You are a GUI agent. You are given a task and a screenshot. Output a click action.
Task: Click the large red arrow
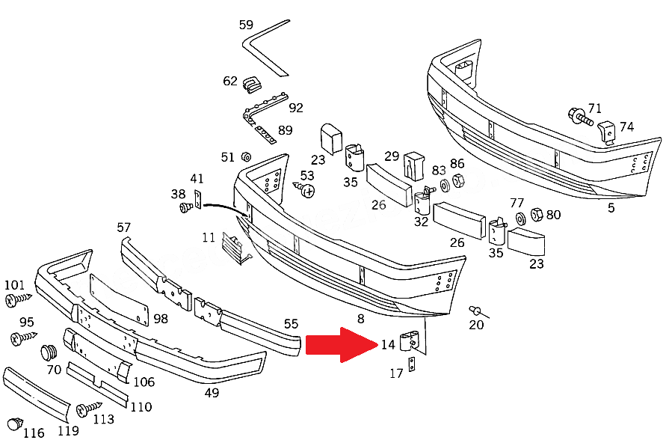pos(342,344)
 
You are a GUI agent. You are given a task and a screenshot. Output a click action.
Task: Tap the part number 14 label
pos(388,344)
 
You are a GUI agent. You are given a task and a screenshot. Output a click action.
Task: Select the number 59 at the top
pos(246,25)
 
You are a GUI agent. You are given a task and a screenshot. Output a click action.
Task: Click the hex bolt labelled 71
pos(580,117)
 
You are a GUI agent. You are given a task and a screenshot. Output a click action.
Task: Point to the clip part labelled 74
pos(607,132)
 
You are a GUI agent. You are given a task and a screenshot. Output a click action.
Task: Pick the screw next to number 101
pos(18,299)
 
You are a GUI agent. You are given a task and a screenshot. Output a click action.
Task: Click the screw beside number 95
pos(23,338)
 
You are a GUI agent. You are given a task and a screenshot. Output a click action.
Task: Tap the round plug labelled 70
pos(49,352)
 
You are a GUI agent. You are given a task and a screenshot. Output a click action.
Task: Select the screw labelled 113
pos(88,409)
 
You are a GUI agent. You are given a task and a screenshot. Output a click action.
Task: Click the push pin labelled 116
pos(15,424)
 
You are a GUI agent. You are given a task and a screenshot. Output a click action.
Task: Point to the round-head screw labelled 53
pos(304,189)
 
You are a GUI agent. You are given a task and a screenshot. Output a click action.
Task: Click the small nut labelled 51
pos(245,157)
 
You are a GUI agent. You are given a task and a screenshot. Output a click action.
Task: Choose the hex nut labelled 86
pos(458,180)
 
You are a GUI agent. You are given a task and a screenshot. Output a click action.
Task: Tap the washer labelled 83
pos(445,186)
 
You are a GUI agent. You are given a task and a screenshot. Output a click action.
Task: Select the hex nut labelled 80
pos(537,214)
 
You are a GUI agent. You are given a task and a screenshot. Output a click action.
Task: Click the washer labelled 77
pos(520,219)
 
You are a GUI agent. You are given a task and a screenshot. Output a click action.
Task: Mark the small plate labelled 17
pos(411,364)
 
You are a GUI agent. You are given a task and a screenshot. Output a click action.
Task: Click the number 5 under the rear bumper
pos(611,208)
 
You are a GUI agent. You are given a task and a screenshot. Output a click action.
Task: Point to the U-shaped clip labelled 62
pos(251,85)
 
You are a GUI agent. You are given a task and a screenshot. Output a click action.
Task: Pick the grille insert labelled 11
pos(235,248)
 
